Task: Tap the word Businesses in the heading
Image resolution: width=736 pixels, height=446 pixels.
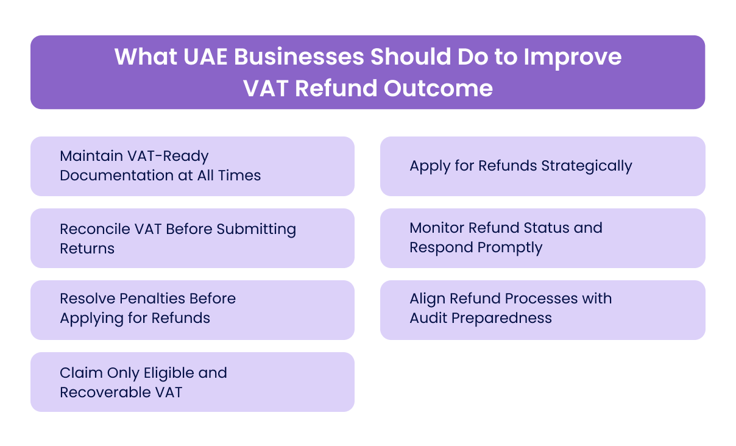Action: click(299, 57)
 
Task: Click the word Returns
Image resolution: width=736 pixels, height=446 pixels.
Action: click(87, 249)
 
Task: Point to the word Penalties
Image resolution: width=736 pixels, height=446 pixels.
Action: click(152, 299)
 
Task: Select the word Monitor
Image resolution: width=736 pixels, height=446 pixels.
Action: click(434, 228)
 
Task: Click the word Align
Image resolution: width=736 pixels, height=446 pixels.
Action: click(426, 299)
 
